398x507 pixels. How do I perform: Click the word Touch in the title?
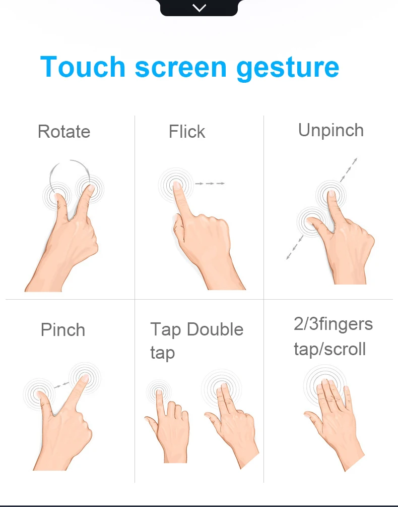[83, 67]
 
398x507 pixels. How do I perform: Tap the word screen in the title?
[181, 68]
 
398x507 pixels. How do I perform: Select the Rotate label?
[64, 132]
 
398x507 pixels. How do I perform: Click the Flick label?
[187, 131]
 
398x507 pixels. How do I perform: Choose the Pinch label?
[63, 330]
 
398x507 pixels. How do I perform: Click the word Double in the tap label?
[215, 329]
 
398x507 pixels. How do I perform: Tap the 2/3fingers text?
[333, 324]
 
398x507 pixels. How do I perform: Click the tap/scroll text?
[329, 349]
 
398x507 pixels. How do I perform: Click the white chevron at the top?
[199, 8]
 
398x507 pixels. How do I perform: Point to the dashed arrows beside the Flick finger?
[210, 183]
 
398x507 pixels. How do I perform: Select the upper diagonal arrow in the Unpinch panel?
[349, 170]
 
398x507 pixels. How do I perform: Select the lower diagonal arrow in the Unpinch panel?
[294, 248]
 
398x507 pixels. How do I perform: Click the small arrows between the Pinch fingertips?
[61, 385]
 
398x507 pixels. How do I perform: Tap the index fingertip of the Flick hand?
[176, 185]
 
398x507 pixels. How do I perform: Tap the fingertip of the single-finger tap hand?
[159, 392]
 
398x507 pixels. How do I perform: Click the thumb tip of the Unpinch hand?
[310, 221]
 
